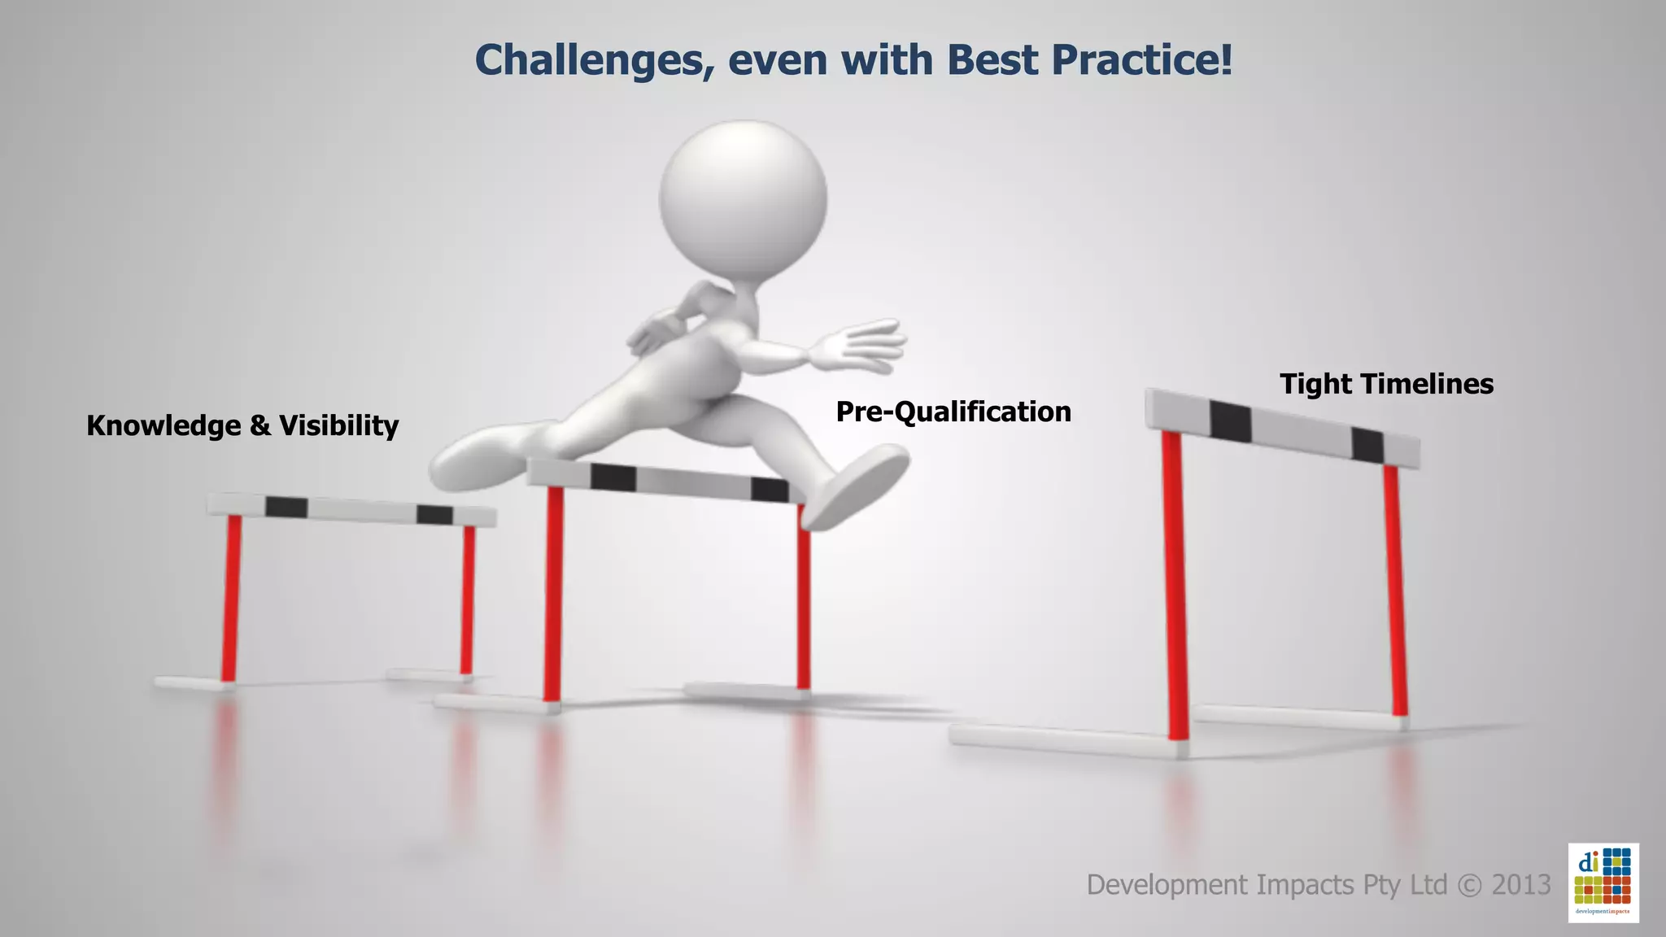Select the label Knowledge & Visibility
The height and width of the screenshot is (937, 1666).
(x=242, y=425)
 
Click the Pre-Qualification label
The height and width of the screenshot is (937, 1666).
(x=953, y=412)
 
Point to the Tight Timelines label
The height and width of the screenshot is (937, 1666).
(x=1386, y=384)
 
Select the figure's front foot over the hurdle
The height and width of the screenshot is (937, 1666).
(x=858, y=488)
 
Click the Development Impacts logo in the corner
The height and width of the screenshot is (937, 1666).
(x=1603, y=883)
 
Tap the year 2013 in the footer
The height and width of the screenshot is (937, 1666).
(x=1521, y=884)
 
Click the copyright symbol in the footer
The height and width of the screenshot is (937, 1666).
(x=1469, y=885)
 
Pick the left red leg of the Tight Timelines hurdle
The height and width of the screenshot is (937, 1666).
(x=1175, y=586)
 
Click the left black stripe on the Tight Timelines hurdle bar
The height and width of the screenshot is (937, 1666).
(x=1230, y=421)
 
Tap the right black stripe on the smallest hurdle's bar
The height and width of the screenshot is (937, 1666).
(x=434, y=515)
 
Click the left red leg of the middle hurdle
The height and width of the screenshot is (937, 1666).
(x=553, y=594)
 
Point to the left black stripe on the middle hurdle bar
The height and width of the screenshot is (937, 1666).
(x=613, y=477)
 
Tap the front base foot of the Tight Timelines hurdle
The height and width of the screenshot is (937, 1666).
(x=1066, y=740)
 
